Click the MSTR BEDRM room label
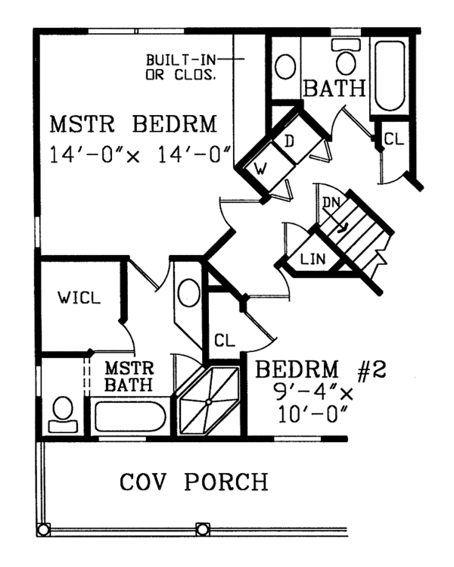pyautogui.click(x=133, y=124)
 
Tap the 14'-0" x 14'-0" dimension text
pyautogui.click(x=140, y=154)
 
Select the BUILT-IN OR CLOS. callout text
pyautogui.click(x=181, y=67)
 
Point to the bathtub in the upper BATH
pyautogui.click(x=390, y=76)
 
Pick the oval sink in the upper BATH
pyautogui.click(x=285, y=67)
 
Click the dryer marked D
pyautogui.click(x=297, y=139)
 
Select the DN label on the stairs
pyautogui.click(x=331, y=203)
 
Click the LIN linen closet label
pyautogui.click(x=313, y=259)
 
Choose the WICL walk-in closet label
pyautogui.click(x=79, y=298)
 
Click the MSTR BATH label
pyautogui.click(x=129, y=377)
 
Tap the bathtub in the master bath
pyautogui.click(x=130, y=416)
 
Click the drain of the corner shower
pyautogui.click(x=209, y=401)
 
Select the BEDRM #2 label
pyautogui.click(x=321, y=369)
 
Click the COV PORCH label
pyautogui.click(x=194, y=481)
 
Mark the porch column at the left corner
pyautogui.click(x=43, y=530)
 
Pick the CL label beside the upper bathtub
pyautogui.click(x=394, y=139)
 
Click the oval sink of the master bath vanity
pyautogui.click(x=188, y=293)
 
